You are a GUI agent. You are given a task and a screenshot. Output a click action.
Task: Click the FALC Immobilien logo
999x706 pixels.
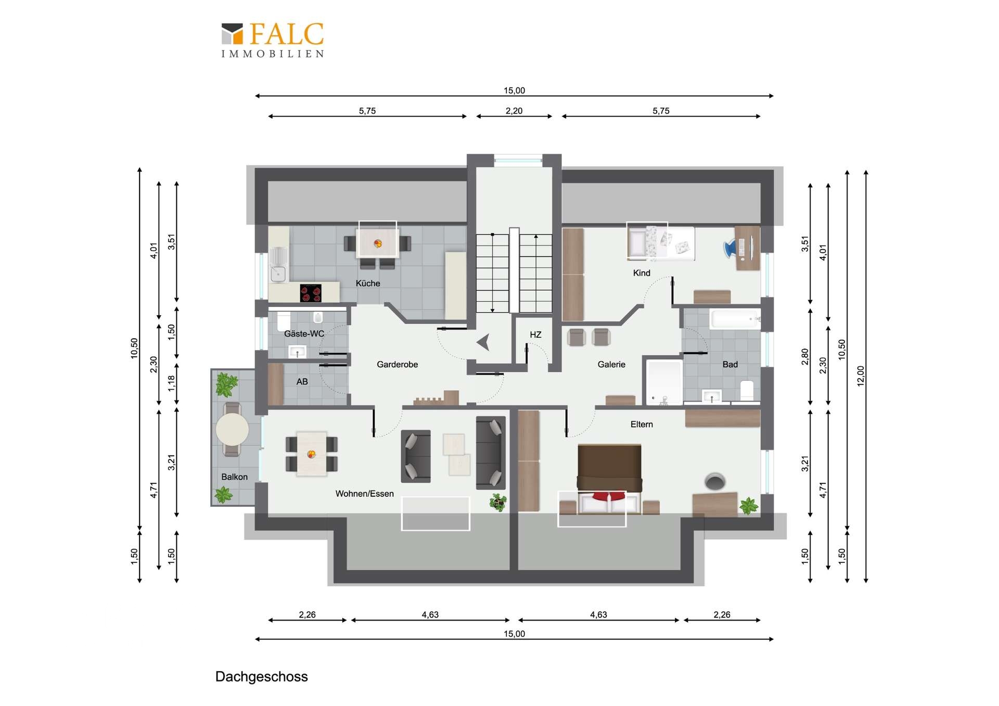tap(273, 40)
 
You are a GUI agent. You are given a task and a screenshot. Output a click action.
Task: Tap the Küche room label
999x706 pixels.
tap(368, 284)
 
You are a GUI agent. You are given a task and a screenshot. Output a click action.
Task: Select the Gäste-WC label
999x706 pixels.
tap(304, 334)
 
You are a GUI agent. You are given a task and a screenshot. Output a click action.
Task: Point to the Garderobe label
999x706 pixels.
tap(397, 365)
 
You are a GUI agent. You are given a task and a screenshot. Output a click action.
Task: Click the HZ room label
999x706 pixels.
tap(535, 335)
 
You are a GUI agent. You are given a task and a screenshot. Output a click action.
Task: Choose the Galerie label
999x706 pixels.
tap(611, 365)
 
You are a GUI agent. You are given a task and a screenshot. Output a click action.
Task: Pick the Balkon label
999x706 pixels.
tap(234, 477)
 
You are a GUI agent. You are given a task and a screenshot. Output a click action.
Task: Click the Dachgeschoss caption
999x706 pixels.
tap(261, 676)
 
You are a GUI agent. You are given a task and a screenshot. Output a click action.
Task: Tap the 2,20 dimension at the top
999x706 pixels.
tap(514, 111)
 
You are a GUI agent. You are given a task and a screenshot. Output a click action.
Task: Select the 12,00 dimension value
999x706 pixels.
tap(861, 376)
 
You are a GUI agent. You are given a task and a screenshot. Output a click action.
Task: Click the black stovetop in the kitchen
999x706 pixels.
tap(311, 293)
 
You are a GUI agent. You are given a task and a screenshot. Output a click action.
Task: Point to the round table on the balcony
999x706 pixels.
tap(232, 429)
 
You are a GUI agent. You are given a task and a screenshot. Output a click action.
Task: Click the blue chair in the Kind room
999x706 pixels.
tap(731, 248)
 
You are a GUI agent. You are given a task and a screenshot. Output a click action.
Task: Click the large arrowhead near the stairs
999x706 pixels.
tap(483, 342)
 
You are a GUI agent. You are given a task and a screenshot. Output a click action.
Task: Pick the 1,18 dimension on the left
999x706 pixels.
tap(172, 383)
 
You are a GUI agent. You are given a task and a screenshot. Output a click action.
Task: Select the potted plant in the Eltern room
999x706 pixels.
tap(748, 506)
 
